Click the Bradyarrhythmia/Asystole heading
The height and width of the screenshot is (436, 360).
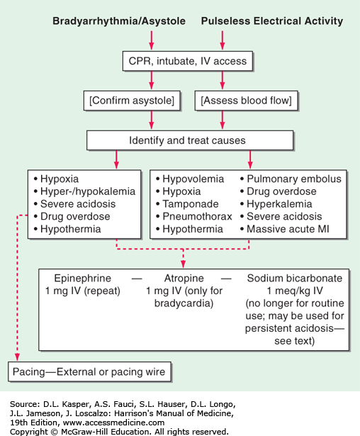(x=119, y=21)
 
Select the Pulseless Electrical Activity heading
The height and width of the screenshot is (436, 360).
(x=272, y=21)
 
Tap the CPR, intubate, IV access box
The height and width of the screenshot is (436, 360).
(x=188, y=61)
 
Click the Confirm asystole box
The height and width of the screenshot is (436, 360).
(x=132, y=101)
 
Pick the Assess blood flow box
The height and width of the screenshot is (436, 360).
(x=247, y=101)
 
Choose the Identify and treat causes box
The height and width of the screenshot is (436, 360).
(x=190, y=140)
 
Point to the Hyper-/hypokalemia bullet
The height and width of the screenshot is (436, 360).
(x=84, y=191)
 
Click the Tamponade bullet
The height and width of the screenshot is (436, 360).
(x=187, y=203)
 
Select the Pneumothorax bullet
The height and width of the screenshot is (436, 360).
(x=194, y=216)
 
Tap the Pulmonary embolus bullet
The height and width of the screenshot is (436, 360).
(x=291, y=179)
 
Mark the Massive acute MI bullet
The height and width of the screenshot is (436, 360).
(x=285, y=229)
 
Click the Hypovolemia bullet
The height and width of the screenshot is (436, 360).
(x=190, y=179)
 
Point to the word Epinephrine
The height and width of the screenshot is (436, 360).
(x=83, y=278)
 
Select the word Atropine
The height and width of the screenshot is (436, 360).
(x=184, y=278)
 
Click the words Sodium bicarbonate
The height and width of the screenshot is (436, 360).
(x=295, y=278)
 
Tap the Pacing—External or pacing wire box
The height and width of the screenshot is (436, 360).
(x=89, y=371)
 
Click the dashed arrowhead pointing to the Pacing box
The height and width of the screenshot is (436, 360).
(x=17, y=357)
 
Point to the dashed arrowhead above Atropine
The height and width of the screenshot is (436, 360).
(x=184, y=264)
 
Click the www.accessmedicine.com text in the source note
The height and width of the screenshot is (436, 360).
(x=113, y=423)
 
